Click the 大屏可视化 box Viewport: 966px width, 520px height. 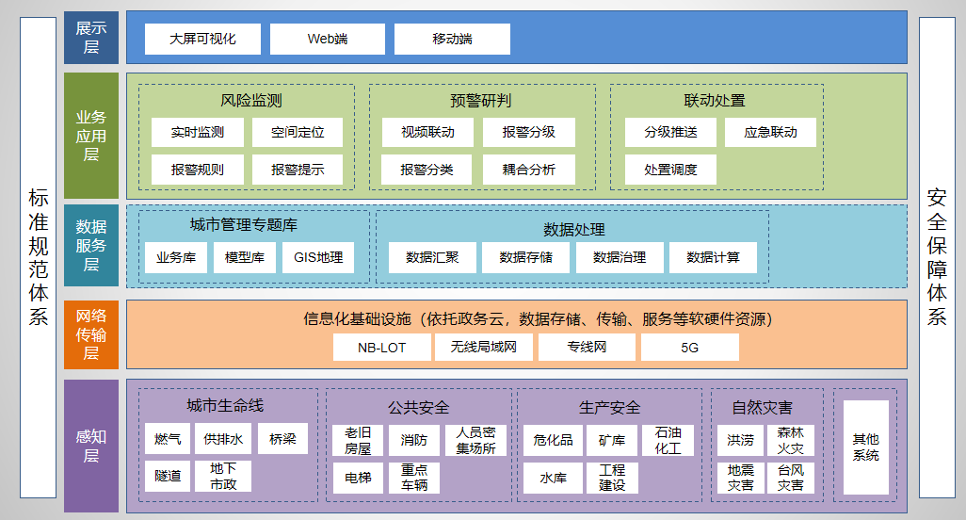click(x=202, y=40)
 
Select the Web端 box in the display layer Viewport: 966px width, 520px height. click(x=327, y=40)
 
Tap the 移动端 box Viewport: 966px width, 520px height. click(x=452, y=40)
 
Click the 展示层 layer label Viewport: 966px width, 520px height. click(x=91, y=38)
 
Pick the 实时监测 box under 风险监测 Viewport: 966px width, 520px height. click(x=198, y=132)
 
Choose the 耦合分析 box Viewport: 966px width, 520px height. click(x=528, y=170)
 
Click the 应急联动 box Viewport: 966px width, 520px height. click(x=770, y=132)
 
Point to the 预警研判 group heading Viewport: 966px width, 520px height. click(x=481, y=101)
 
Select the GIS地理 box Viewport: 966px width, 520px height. click(x=318, y=257)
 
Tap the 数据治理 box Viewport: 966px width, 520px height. click(x=619, y=257)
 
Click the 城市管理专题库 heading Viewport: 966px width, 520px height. click(x=244, y=225)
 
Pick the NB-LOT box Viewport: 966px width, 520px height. click(x=381, y=348)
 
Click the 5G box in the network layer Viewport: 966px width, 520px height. click(x=689, y=348)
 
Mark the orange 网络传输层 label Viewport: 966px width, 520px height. click(x=91, y=334)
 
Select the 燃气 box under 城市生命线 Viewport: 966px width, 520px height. click(x=168, y=439)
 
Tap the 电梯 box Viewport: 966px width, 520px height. click(x=358, y=478)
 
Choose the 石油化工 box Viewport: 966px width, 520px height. click(x=668, y=440)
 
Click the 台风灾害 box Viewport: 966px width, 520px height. click(x=791, y=478)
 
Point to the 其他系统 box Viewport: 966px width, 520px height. click(x=865, y=447)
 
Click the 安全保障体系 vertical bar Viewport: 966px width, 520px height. click(x=937, y=256)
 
